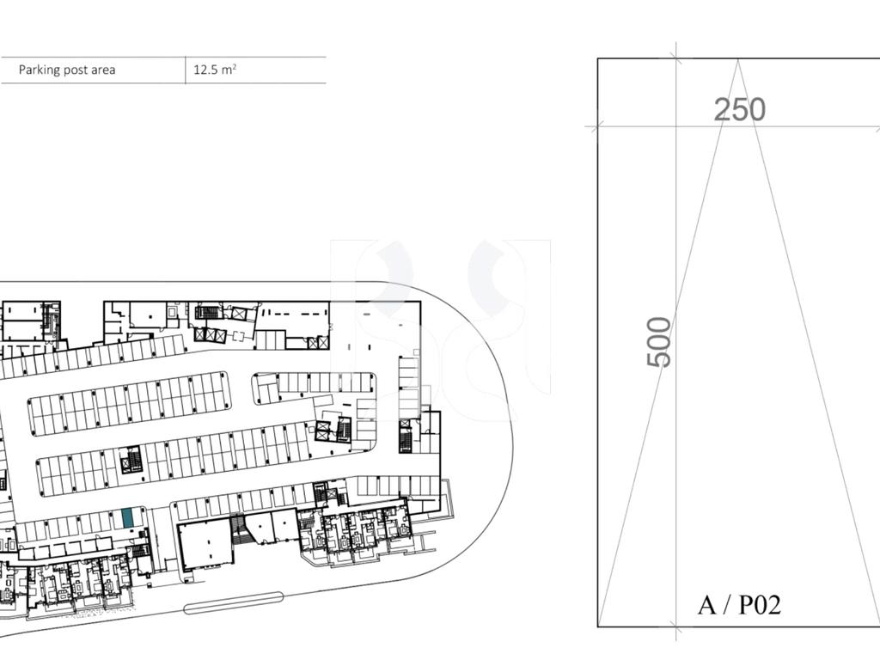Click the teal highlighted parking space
tap(128, 517)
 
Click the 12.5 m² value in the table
tap(215, 70)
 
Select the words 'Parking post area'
tap(67, 70)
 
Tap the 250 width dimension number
tap(740, 109)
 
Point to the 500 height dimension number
tap(659, 342)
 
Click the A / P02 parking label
tap(739, 604)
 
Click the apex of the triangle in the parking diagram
tap(738, 59)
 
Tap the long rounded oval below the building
tap(234, 602)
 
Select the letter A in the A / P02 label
tap(706, 605)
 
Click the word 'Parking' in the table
tap(39, 70)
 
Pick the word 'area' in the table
tap(103, 70)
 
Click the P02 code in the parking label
tap(760, 605)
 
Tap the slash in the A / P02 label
tap(727, 605)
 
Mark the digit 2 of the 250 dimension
tap(722, 110)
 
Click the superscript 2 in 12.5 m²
tap(234, 65)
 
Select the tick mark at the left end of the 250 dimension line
tap(597, 126)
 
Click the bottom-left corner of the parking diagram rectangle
tap(598, 626)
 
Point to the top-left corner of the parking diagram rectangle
tap(598, 58)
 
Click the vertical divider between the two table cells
tap(186, 70)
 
